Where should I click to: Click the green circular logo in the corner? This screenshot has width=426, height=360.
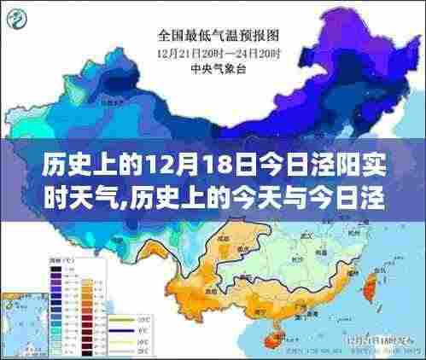point(20,18)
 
